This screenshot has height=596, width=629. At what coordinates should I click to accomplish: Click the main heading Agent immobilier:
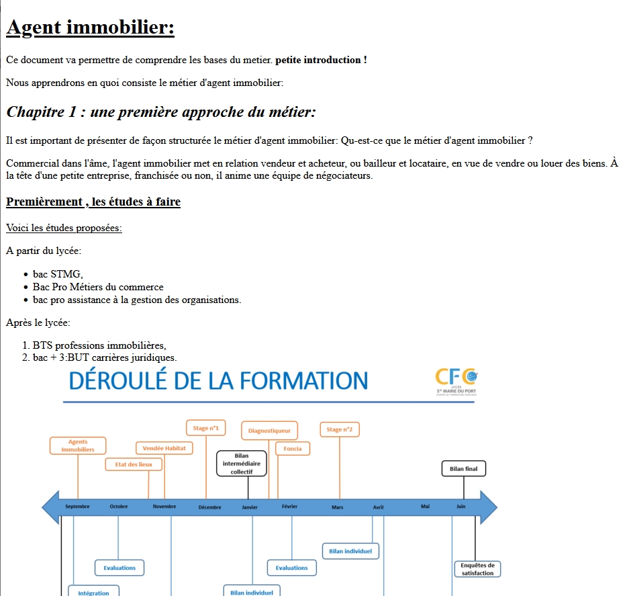coord(90,28)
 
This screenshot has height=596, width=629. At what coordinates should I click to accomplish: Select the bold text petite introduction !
coord(321,60)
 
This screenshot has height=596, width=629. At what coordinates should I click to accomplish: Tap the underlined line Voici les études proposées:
coord(64,228)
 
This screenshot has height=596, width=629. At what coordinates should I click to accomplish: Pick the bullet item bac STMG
coord(58,274)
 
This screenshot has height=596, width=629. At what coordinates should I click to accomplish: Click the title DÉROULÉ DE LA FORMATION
coord(218,381)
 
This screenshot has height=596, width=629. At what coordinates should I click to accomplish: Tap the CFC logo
coord(456,380)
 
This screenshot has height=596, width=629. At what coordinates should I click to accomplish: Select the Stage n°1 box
coord(205,428)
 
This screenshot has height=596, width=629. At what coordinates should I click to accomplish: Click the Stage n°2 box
coord(339,429)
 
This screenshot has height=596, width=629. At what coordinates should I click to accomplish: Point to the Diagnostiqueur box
coord(269,431)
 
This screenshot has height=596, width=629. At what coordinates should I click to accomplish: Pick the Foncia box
coord(293,448)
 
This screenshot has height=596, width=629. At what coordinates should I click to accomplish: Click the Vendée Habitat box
coord(164,448)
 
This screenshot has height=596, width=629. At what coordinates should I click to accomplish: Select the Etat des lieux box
coord(134,464)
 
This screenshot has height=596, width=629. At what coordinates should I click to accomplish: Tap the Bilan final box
coord(463,468)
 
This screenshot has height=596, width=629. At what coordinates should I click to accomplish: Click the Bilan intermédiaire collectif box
coord(241,464)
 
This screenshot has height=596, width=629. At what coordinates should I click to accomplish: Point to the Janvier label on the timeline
coord(250,507)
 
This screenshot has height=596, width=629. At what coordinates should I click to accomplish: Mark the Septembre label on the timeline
coord(77,507)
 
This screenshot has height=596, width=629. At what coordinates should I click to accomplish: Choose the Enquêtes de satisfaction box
coord(477,569)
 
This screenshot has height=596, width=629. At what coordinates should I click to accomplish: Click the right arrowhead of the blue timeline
coord(488,507)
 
